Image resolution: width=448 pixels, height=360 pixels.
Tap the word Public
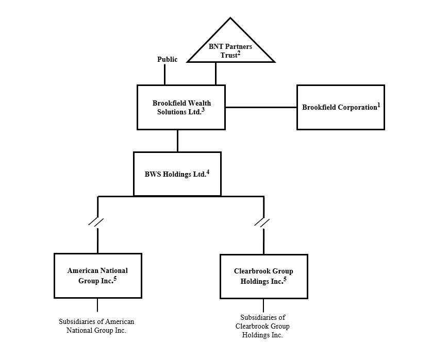[x=167, y=60]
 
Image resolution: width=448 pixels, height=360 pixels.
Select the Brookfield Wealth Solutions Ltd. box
[x=181, y=107]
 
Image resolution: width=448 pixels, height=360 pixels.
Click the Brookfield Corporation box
[x=340, y=107]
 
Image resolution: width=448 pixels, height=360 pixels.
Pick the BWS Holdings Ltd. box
[x=177, y=174]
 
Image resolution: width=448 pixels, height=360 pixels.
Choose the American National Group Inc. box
[x=97, y=276]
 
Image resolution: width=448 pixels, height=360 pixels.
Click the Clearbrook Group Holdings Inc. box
[x=263, y=276]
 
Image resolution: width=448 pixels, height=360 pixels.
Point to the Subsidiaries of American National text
[x=96, y=326]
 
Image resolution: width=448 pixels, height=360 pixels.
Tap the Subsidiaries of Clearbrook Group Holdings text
[x=262, y=326]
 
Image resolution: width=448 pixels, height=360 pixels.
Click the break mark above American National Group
[x=96, y=222]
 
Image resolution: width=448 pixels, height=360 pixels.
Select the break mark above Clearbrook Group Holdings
[x=262, y=222]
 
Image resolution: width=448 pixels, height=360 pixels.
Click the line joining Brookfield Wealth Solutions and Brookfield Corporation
[x=261, y=108]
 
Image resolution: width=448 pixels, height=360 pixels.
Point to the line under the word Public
[x=164, y=75]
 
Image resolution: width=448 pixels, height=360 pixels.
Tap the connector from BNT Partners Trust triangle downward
[x=215, y=74]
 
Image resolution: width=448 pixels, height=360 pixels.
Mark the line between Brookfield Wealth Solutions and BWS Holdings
[x=177, y=141]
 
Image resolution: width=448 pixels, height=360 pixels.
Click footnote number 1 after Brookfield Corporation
[x=378, y=105]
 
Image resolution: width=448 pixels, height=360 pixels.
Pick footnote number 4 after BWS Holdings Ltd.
[x=207, y=171]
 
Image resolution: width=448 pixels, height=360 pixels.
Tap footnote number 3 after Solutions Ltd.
[x=204, y=110]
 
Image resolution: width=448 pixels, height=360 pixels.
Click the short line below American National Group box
[x=97, y=305]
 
